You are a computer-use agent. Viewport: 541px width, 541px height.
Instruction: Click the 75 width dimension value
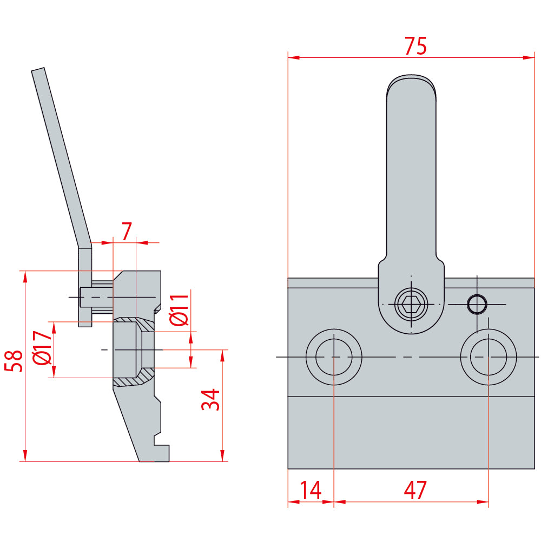415,45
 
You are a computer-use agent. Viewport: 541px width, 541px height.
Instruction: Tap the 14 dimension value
311,490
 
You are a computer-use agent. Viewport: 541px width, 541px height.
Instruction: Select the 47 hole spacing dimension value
415,490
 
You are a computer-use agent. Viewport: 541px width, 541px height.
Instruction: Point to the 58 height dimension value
14,361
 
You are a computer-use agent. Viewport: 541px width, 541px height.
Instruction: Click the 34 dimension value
210,400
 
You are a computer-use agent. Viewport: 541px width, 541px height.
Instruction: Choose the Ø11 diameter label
180,310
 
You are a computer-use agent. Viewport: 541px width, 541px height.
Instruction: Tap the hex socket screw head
411,305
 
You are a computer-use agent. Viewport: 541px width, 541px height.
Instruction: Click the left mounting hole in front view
334,357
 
